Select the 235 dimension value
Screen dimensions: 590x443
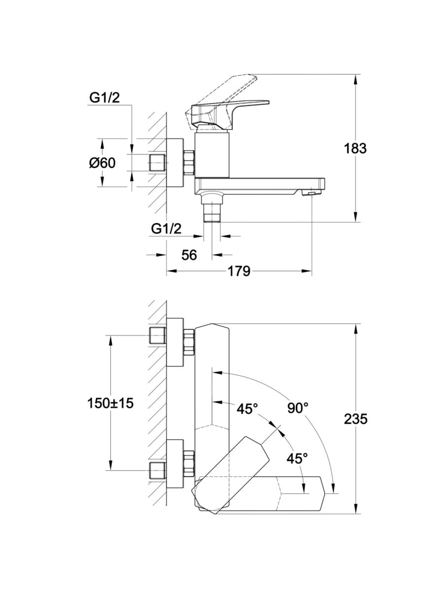click(355, 419)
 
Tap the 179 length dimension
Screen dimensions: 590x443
click(239, 271)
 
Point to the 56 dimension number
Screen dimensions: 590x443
click(189, 255)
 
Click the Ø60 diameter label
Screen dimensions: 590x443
click(102, 163)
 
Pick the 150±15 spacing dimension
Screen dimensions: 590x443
click(111, 403)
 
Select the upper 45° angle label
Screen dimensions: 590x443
click(247, 408)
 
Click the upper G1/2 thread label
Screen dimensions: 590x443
click(104, 98)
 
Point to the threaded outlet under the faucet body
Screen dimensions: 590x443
click(212, 212)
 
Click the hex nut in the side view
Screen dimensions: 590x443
click(189, 163)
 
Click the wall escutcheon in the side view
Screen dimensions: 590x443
click(175, 163)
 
